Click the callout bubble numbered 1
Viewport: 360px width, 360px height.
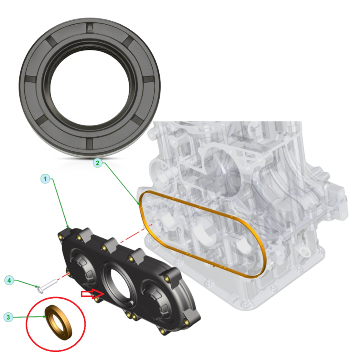click(x=45, y=179)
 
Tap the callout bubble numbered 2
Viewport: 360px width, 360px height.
click(x=98, y=163)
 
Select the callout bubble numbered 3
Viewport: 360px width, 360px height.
click(x=8, y=317)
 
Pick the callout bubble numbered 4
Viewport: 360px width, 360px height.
click(x=9, y=280)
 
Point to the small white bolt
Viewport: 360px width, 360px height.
click(x=47, y=286)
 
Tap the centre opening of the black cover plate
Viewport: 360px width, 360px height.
click(x=120, y=283)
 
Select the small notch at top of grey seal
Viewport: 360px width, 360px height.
click(x=90, y=28)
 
